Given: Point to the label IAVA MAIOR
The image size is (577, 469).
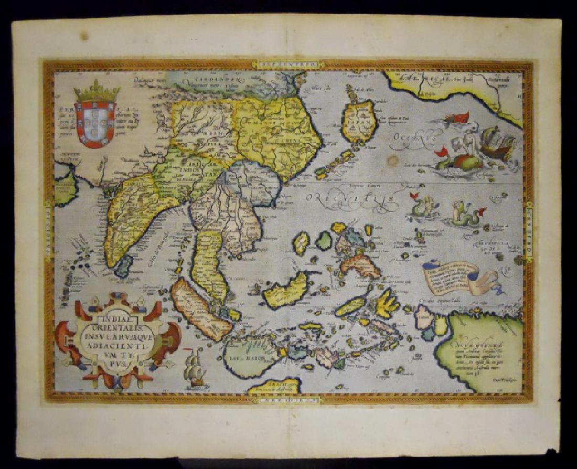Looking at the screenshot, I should [243, 359].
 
